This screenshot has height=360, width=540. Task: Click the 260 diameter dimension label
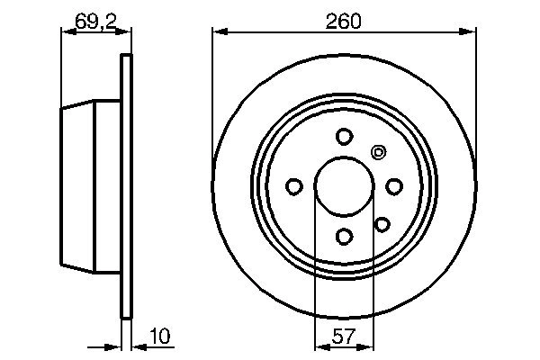pyautogui.click(x=344, y=20)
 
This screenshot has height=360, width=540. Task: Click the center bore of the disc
pyautogui.click(x=343, y=186)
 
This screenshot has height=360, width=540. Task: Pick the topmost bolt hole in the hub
pyautogui.click(x=343, y=137)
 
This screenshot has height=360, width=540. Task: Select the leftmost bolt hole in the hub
pyautogui.click(x=293, y=186)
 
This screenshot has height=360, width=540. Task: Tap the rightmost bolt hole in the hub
pyautogui.click(x=393, y=186)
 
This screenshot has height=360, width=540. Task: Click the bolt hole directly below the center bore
pyautogui.click(x=343, y=236)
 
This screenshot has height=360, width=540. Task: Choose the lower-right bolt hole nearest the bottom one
pyautogui.click(x=382, y=224)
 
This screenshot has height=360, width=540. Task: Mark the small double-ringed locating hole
pyautogui.click(x=377, y=153)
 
